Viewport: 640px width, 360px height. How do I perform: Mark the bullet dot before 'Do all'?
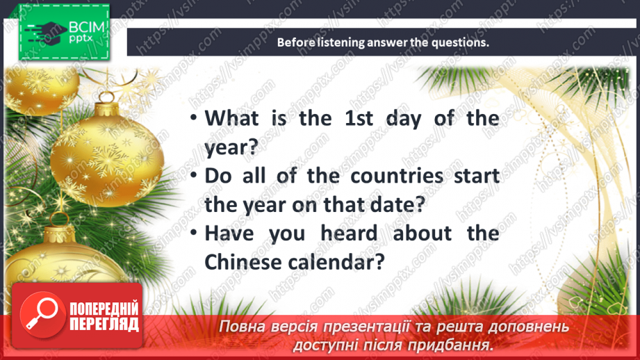194,177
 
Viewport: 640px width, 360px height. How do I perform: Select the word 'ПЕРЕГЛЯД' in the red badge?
104,324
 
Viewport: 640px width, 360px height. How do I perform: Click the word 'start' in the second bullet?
476,176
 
